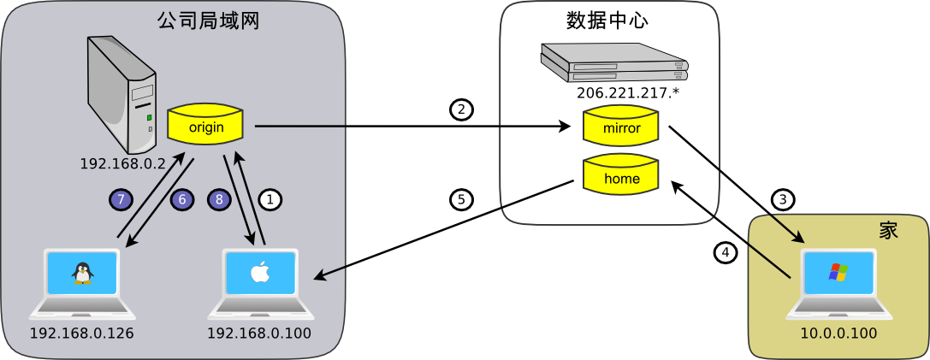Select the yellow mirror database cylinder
tap(621, 127)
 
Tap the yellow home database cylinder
tap(621, 177)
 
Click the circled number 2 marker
tap(462, 109)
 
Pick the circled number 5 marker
tap(462, 200)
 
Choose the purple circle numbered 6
tap(182, 200)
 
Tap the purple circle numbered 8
tap(219, 200)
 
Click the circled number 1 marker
tap(270, 200)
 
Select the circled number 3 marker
tap(782, 200)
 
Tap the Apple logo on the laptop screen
tap(259, 272)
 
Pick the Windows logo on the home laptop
tap(838, 272)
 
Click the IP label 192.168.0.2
tap(122, 163)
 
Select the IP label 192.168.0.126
tap(82, 333)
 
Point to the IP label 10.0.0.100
tap(838, 333)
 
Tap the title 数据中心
tap(607, 21)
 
